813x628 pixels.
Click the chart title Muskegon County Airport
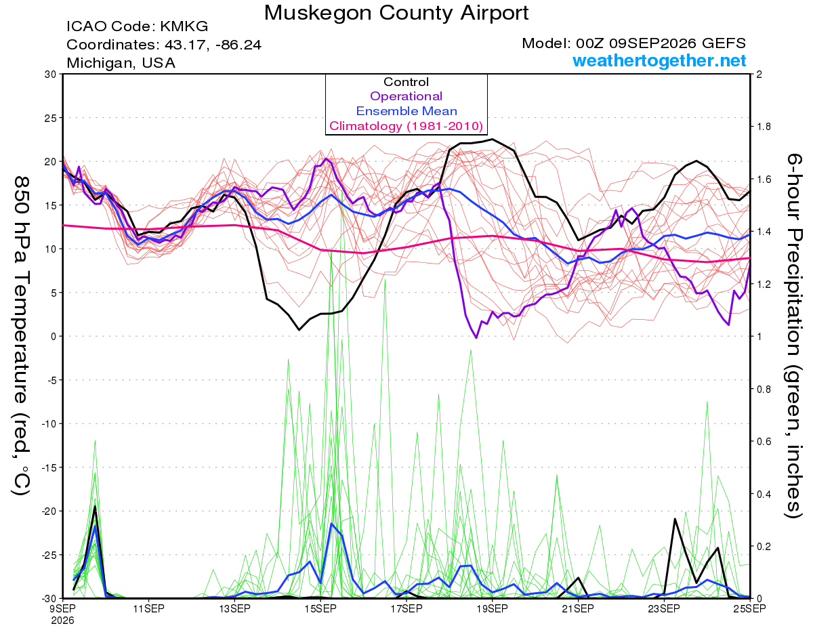point(396,13)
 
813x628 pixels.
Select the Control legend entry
point(406,82)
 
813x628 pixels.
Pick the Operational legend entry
point(406,96)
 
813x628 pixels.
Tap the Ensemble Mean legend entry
point(406,111)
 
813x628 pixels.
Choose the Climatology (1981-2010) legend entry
point(406,126)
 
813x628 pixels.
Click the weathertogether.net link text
point(659,60)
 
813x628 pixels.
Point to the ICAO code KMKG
point(184,26)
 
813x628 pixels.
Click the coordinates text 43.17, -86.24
point(213,45)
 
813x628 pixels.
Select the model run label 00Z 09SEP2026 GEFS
point(661,43)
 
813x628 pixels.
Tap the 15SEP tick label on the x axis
point(320,608)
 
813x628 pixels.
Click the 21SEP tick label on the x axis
point(578,608)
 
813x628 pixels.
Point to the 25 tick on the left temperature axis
point(51,118)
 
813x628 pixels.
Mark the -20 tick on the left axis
point(48,511)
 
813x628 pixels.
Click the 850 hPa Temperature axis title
point(21,336)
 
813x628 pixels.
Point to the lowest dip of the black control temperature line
point(299,330)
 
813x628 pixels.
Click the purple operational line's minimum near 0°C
point(476,338)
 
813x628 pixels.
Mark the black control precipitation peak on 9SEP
point(95,507)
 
